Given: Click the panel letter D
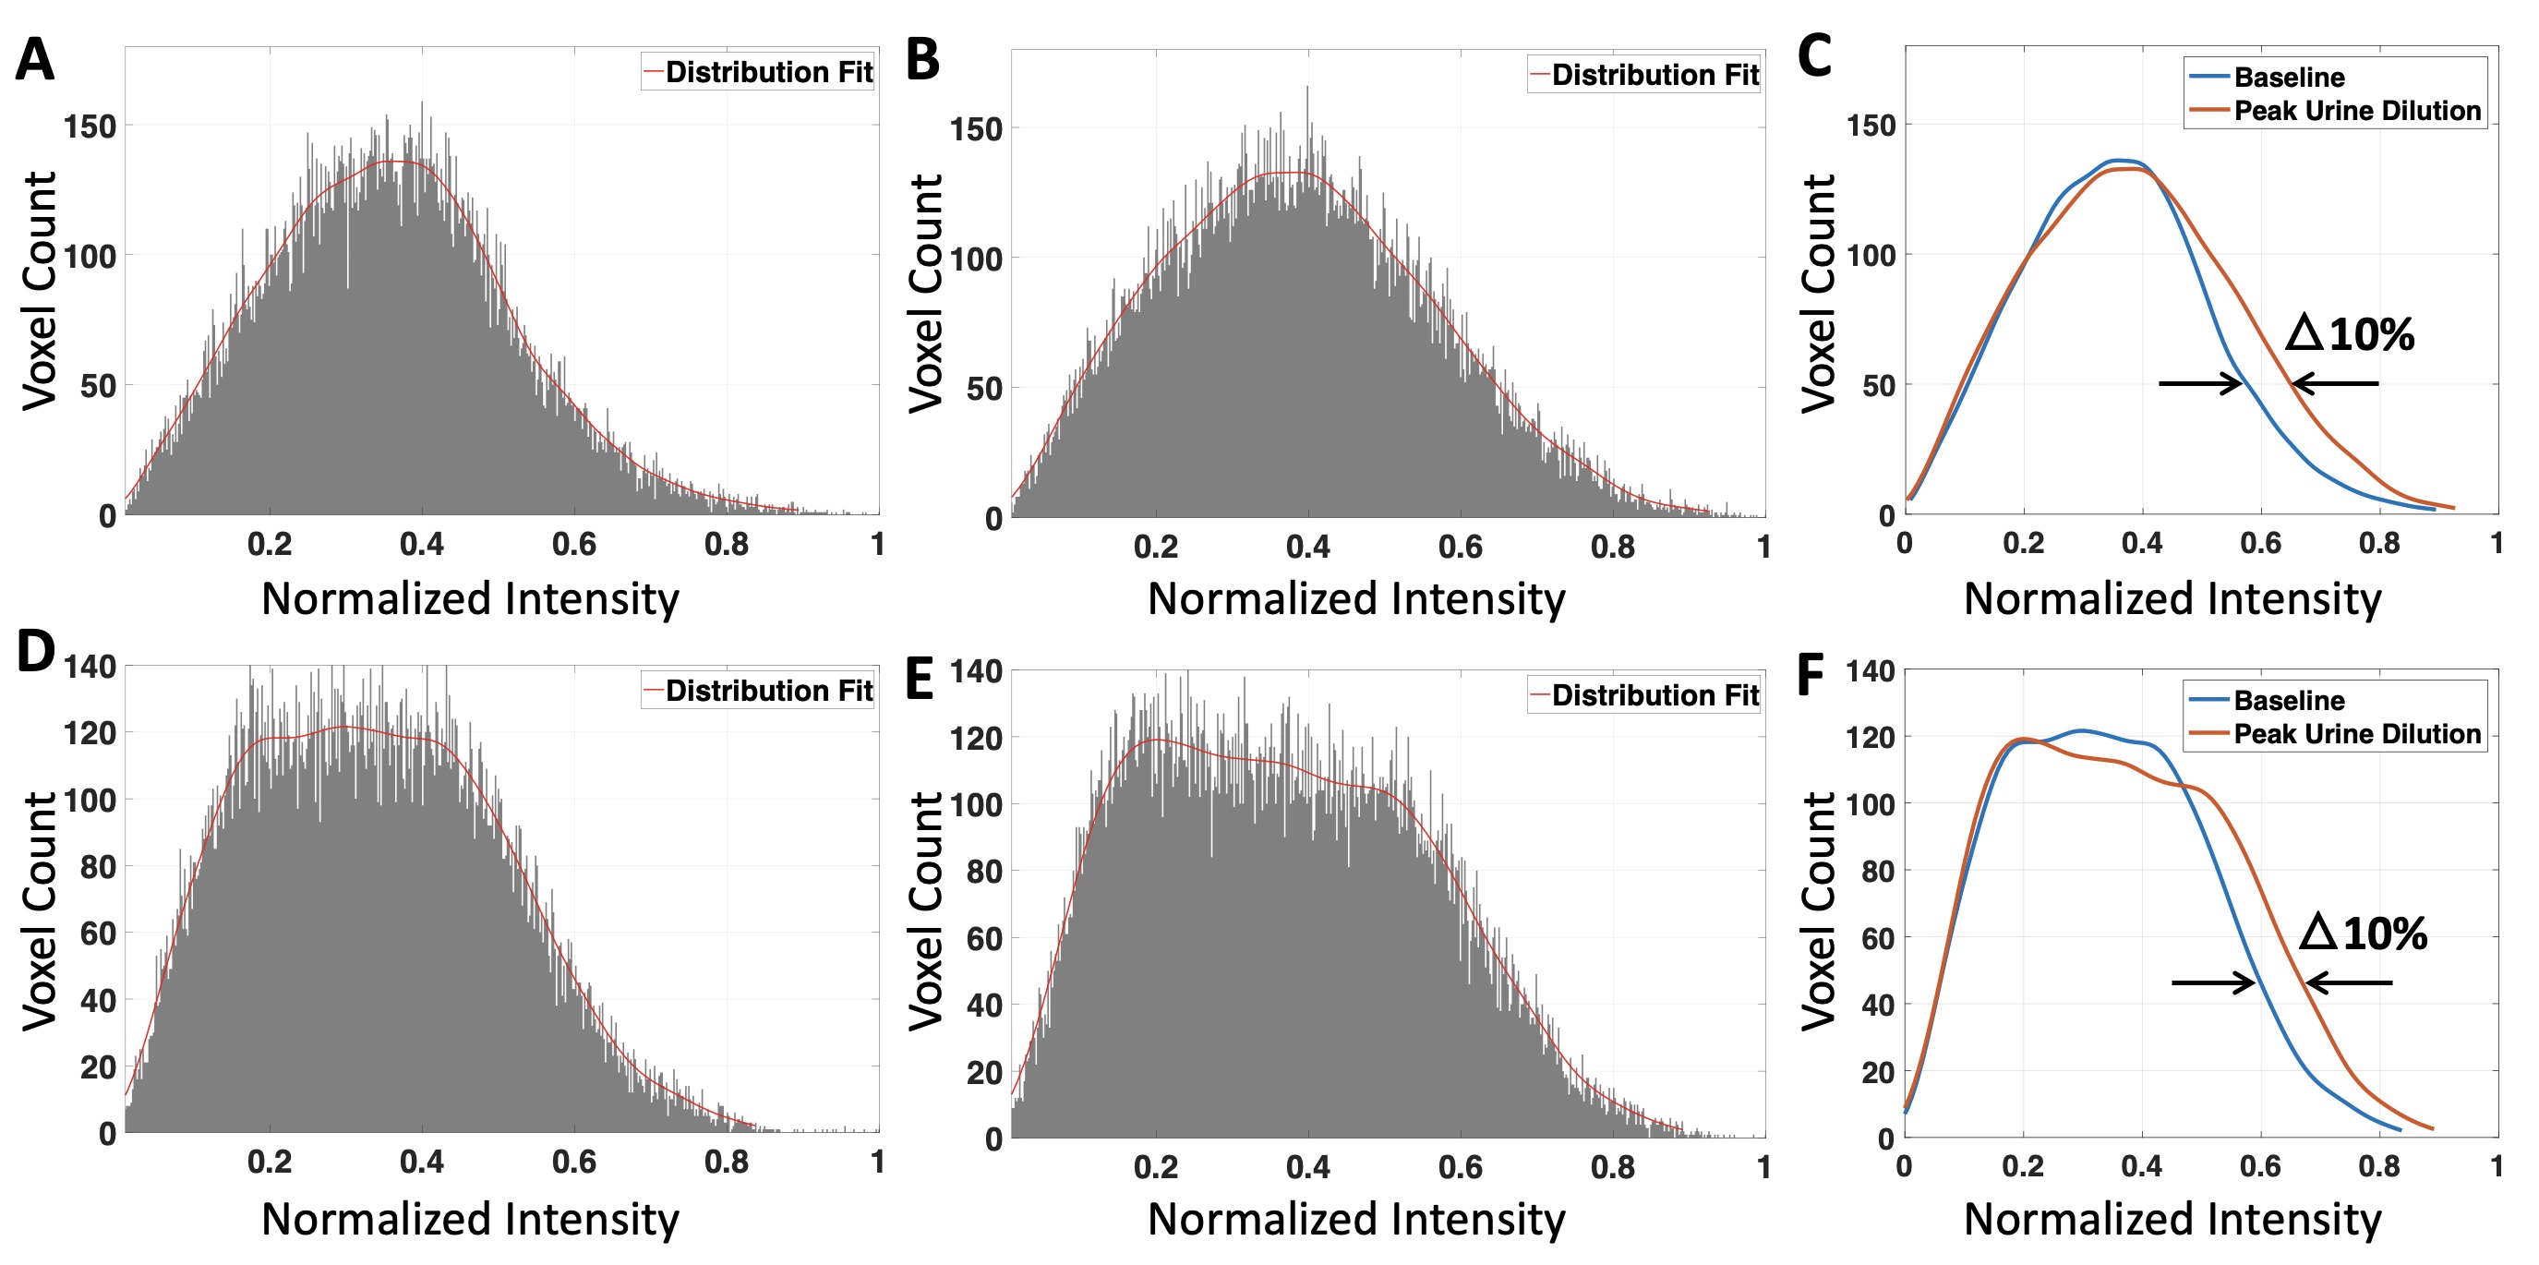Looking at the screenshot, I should [35, 652].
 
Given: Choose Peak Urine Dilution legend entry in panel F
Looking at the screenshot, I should [2355, 733].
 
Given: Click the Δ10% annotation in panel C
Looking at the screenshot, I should [2351, 335].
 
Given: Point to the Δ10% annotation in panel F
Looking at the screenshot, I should [2364, 933].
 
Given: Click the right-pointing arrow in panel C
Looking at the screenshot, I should [2200, 383].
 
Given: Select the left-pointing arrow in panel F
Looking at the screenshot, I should [2349, 983].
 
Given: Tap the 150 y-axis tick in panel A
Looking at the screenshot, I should [90, 126].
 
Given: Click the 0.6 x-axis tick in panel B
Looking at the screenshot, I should [1460, 548].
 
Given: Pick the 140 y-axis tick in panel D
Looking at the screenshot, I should [90, 668].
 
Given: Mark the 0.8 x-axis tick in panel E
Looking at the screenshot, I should [1613, 1167].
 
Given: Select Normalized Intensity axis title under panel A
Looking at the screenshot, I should [470, 599].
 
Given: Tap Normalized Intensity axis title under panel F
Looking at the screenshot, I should [2172, 1220].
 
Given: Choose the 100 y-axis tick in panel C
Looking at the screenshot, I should [1871, 256].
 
